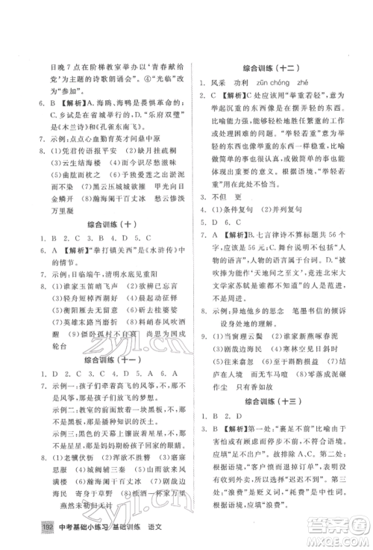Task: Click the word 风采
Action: tap(221, 83)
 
